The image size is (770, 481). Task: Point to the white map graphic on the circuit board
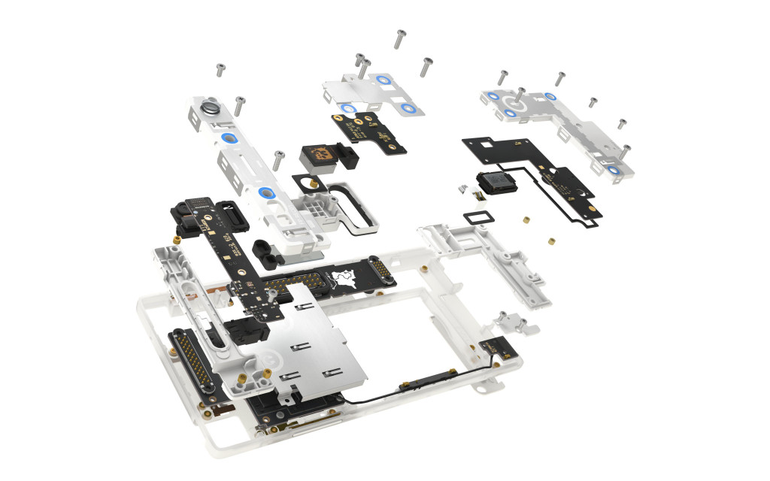pyautogui.click(x=345, y=279)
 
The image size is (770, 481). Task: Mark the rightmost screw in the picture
pyautogui.click(x=626, y=150)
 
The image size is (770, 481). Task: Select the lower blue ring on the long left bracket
pyautogui.click(x=263, y=193)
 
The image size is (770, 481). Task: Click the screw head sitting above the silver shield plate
pyautogui.click(x=278, y=156)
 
